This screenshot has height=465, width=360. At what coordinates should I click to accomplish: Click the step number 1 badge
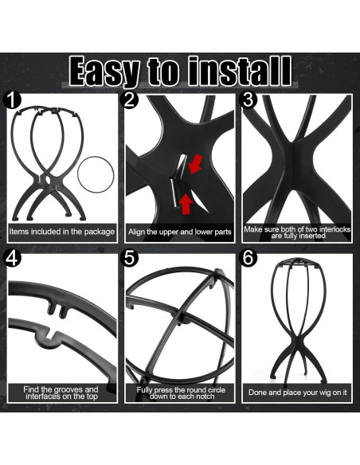coord(12,100)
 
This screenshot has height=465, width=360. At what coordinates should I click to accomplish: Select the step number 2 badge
coord(129,100)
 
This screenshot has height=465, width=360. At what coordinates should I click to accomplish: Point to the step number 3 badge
coord(248,100)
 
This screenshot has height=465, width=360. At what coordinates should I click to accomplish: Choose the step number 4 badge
coord(12,258)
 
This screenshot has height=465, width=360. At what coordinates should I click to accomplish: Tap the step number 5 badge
coord(129,258)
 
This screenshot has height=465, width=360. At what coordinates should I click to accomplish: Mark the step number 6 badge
coord(248,258)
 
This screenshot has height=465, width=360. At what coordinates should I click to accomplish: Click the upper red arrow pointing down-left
coord(195,164)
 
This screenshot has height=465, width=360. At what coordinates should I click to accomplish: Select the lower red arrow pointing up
coord(186,203)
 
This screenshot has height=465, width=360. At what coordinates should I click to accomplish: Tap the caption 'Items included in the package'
coord(61,232)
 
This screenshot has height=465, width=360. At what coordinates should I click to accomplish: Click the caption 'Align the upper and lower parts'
coord(180,232)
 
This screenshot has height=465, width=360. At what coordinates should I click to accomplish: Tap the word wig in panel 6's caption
coord(325,393)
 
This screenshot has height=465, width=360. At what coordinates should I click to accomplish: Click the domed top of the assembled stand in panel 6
coord(299,263)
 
